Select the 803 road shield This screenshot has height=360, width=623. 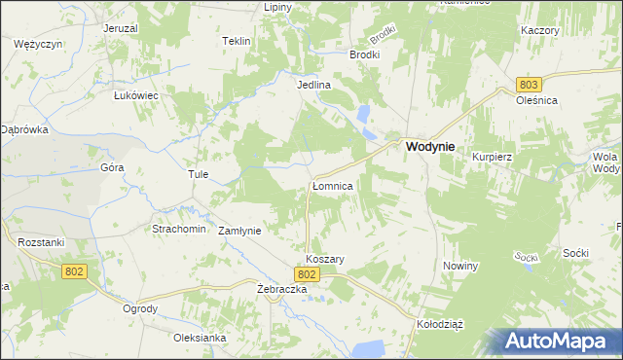[x=529, y=86]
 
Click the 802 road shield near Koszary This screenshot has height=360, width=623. [x=308, y=275]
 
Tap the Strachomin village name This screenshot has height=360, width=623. [x=178, y=229]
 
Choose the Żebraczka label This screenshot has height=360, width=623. [x=282, y=290]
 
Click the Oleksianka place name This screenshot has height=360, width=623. [x=200, y=338]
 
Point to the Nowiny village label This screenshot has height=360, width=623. [x=460, y=266]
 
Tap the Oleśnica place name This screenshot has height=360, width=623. [x=536, y=99]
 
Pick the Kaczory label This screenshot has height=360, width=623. [x=539, y=30]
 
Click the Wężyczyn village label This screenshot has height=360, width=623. [x=39, y=45]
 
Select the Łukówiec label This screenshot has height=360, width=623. [x=136, y=95]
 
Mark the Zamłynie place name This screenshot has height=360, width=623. [x=238, y=231]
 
